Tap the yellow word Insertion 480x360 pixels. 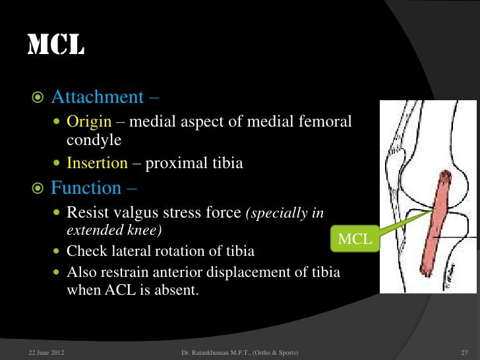tap(96, 163)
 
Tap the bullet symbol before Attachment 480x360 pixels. tap(37, 98)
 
